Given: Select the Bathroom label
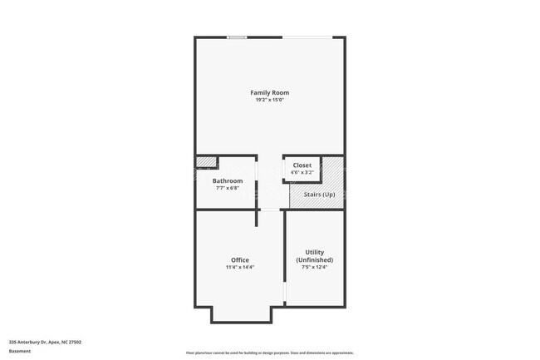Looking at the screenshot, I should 227,180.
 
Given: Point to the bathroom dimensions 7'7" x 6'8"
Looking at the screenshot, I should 227,187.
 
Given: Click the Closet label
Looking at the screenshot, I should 302,165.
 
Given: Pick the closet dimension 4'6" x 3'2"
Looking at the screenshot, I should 302,172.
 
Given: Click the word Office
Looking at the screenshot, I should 239,260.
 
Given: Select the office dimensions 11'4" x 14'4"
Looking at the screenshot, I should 239,268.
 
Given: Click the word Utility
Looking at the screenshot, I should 314,252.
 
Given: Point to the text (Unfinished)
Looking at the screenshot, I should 314,259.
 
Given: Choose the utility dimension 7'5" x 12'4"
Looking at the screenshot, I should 314,267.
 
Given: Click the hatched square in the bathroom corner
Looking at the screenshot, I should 206,162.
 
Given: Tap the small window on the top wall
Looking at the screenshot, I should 238,37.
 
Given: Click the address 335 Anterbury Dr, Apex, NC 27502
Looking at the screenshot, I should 45,342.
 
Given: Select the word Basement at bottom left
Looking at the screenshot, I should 20,351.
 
